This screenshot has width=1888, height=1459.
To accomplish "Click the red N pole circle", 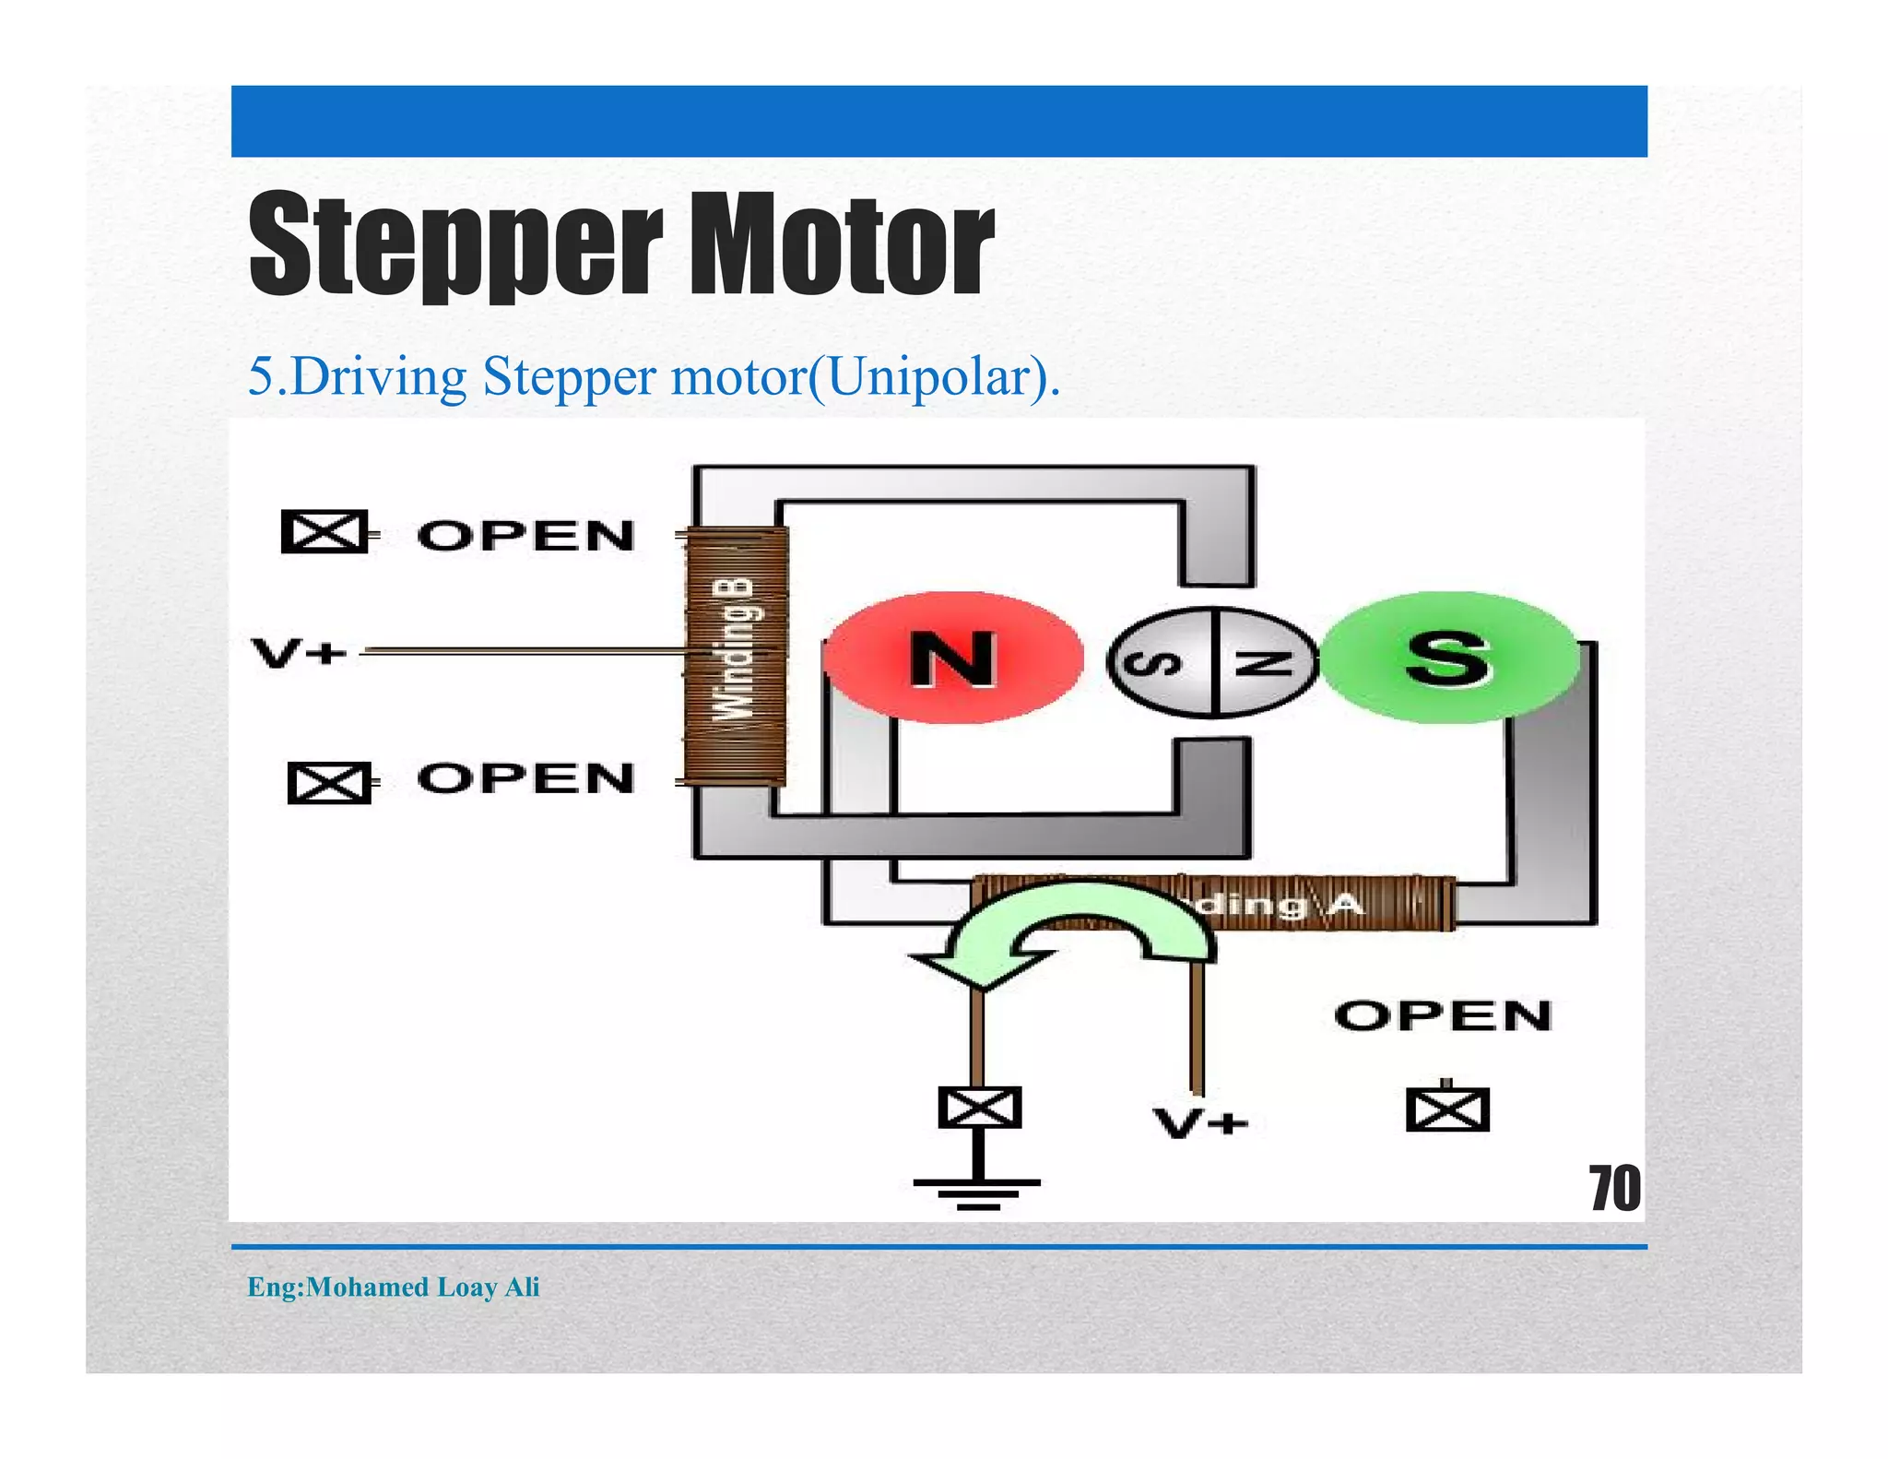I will pos(952,658).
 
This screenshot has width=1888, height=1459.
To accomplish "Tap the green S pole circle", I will pos(1448,658).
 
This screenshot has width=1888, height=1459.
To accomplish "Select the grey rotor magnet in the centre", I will pos(1212,662).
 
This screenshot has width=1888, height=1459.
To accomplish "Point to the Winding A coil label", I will pos(1281,904).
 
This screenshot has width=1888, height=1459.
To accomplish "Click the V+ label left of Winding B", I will pos(298,653).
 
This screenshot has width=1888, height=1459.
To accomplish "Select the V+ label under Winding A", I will pos(1200,1122).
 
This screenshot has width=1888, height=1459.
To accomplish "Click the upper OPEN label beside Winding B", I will pos(526,536).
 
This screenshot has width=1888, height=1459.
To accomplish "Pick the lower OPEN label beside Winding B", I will pos(526,778).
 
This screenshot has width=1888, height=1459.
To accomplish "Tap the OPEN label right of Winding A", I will pos(1443,1015).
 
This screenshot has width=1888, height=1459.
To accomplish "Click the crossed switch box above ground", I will pos(979,1107).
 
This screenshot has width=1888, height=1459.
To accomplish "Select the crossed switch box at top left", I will pos(324,531).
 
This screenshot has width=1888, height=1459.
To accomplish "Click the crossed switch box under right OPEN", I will pos(1447,1109).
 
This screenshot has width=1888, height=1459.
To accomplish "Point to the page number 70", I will pos(1614,1188).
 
